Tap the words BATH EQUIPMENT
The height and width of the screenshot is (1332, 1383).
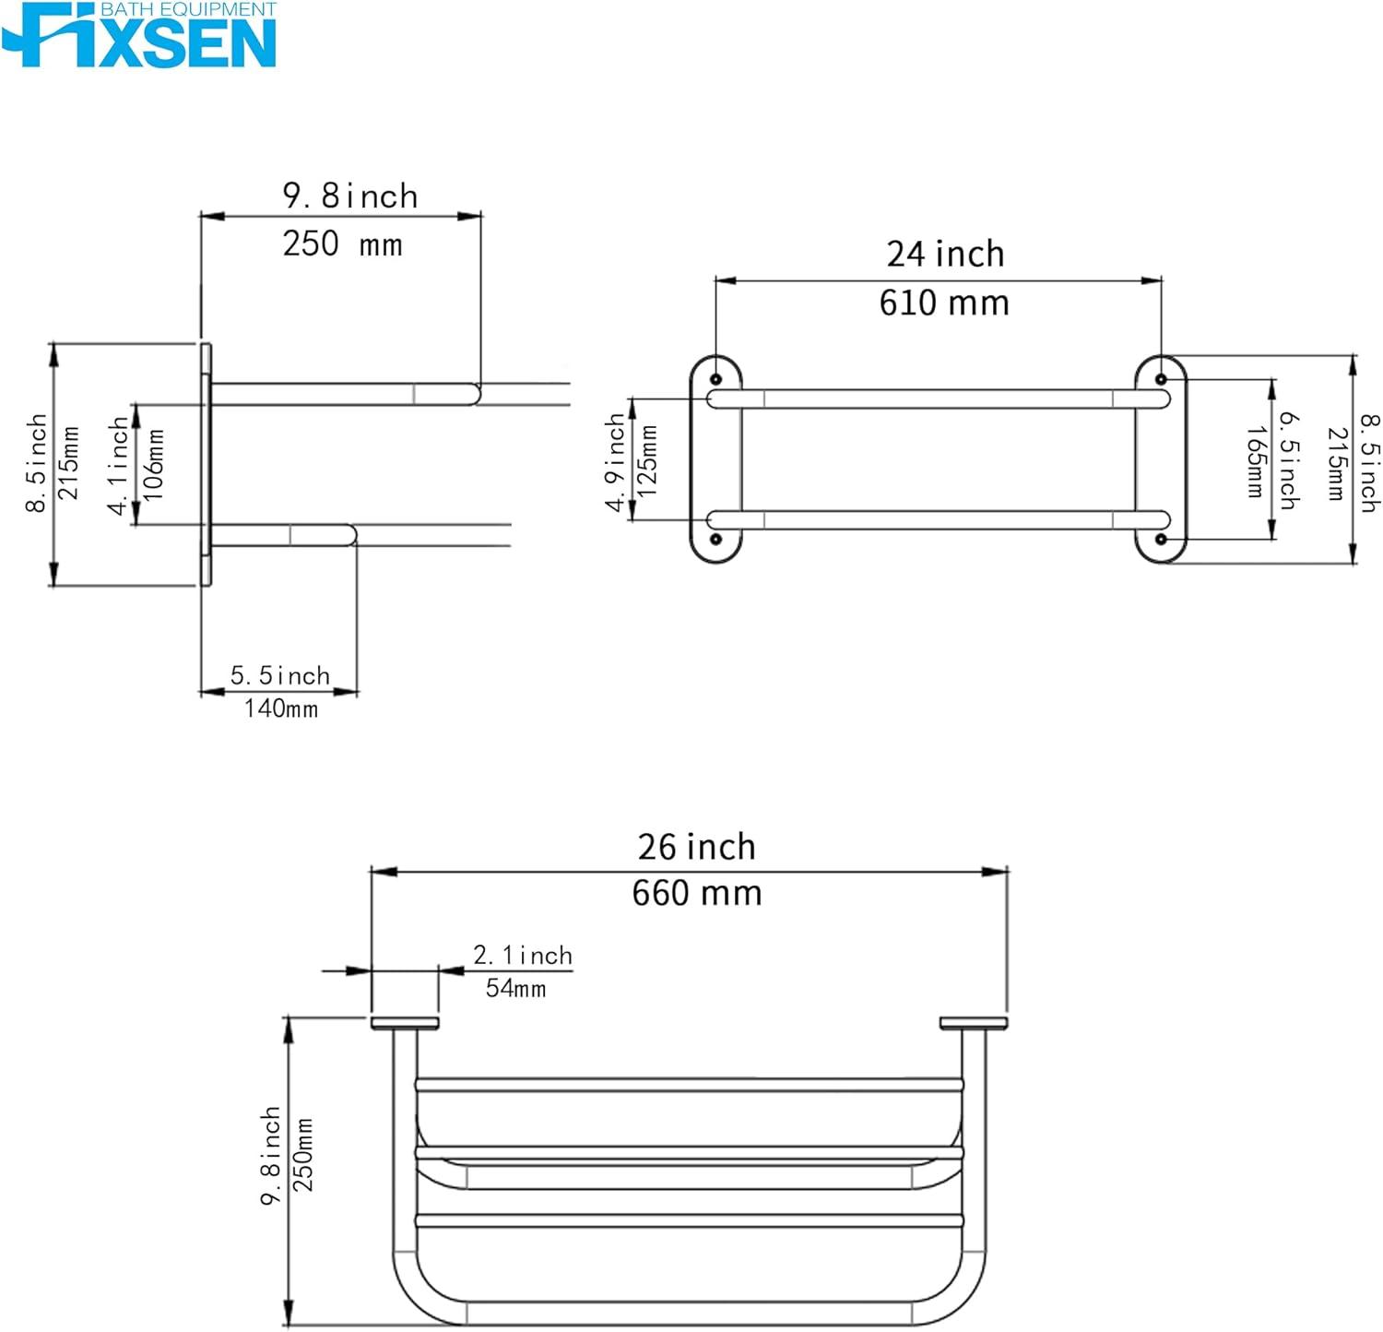188,9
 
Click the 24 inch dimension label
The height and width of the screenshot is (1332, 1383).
945,254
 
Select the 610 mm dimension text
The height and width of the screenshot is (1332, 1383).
944,303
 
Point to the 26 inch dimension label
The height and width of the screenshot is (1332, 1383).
697,847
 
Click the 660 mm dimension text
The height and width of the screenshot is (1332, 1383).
697,893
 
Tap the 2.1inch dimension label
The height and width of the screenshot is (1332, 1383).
523,955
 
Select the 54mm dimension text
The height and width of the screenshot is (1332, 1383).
515,988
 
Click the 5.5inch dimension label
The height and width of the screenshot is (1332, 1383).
280,675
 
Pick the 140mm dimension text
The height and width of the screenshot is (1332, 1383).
280,708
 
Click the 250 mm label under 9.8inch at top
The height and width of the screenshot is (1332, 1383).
342,244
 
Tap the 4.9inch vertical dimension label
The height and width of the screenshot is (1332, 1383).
615,461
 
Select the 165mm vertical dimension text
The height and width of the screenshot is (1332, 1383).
1255,461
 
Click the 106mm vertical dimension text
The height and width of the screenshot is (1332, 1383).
154,464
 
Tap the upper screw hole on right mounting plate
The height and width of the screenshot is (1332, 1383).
1161,379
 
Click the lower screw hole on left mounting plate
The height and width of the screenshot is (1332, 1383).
715,539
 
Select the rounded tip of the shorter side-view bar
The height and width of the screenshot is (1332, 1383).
350,535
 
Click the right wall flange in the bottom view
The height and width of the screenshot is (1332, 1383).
974,1023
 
